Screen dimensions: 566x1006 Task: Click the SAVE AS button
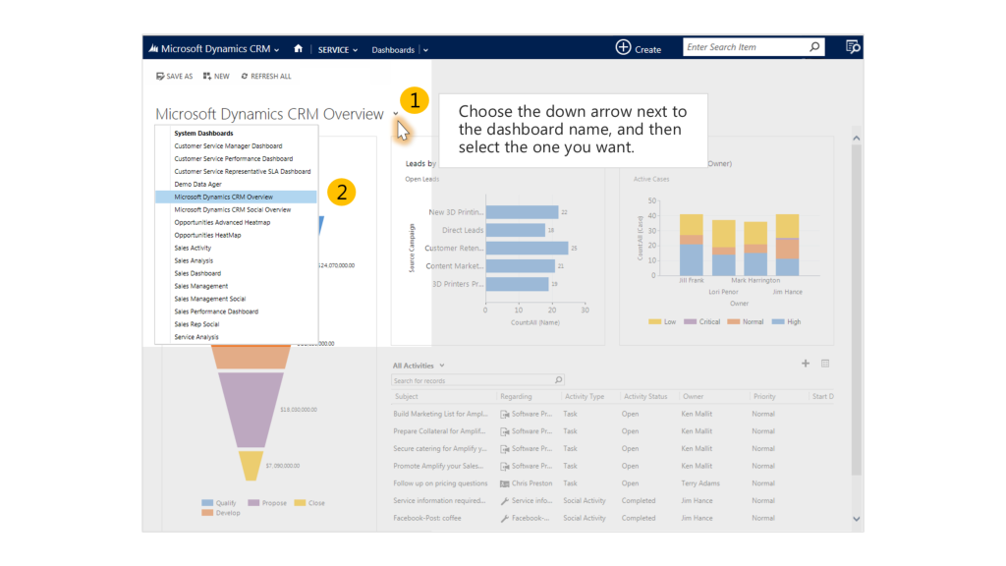click(174, 76)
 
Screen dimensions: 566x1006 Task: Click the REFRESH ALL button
click(266, 76)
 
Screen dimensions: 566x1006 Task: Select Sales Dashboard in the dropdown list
click(197, 273)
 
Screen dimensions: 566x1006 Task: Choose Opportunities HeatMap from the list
click(207, 235)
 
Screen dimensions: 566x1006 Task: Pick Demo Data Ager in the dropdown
click(197, 184)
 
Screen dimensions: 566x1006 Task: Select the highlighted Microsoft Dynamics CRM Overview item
click(224, 197)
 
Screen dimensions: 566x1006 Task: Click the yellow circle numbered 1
click(415, 100)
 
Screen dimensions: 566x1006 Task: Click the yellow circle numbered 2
click(341, 193)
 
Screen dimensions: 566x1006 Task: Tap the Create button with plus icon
click(638, 48)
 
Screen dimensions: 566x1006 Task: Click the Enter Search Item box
click(745, 47)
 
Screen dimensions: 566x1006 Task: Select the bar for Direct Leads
click(515, 230)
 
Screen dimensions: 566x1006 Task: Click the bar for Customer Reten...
click(527, 248)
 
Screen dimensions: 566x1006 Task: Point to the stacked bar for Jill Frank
click(692, 245)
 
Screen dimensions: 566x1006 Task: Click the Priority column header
click(763, 397)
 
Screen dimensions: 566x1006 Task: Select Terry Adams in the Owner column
click(700, 483)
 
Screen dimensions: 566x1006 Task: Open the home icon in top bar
click(298, 49)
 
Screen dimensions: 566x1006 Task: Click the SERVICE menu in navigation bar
click(337, 50)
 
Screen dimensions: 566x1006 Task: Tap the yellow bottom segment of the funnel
click(251, 465)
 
